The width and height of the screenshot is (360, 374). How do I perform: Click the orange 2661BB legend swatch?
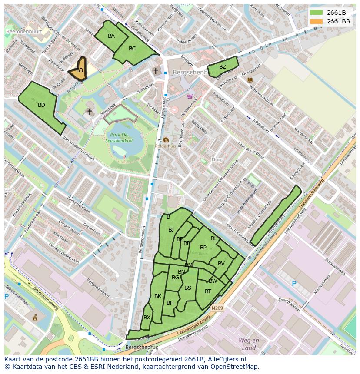coord(317,21)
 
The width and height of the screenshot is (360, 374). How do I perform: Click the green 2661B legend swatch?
coord(317,13)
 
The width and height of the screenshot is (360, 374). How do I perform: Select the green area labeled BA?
coord(111,36)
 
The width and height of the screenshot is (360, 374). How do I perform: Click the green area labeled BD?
coord(41,105)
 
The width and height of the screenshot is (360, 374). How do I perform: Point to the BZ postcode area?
coord(222,67)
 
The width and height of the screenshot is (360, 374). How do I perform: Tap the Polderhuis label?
coord(166,146)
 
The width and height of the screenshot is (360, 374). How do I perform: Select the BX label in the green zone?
coord(147,318)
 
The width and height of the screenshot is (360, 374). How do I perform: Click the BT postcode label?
coord(208,291)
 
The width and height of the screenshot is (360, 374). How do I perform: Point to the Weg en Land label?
coord(249,344)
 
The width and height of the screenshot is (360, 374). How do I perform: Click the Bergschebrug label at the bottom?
coord(142,348)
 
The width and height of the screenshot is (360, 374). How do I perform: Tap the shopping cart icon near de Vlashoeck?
coord(190,96)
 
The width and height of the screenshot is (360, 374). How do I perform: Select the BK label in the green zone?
coord(157,296)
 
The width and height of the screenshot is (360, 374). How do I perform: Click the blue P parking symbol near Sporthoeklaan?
coord(294,284)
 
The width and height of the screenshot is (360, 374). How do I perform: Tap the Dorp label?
coord(217,159)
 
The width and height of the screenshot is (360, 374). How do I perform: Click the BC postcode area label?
coord(132,49)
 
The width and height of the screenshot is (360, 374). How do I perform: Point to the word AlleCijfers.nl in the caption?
coord(226,359)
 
